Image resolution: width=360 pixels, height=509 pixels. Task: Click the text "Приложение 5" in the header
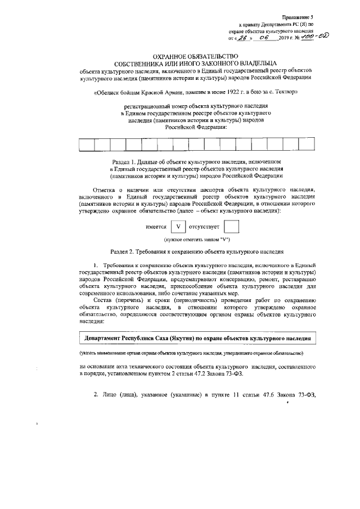(298, 19)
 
